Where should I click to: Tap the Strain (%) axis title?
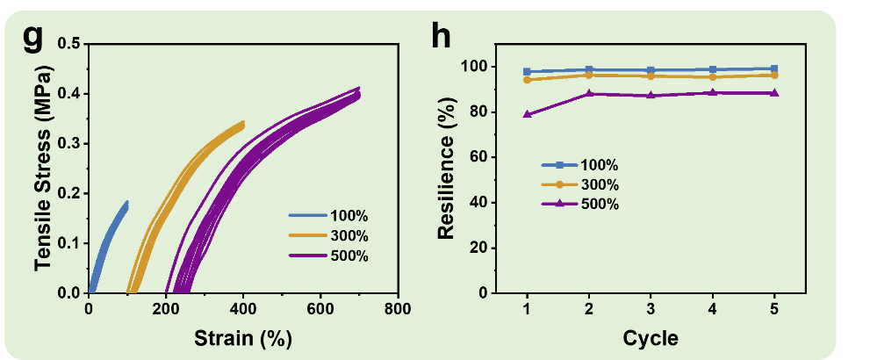pos(242,337)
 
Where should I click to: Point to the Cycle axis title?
pos(650,337)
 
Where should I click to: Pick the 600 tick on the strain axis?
pos(320,310)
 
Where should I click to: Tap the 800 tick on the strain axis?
pos(398,310)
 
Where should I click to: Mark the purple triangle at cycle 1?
pos(527,114)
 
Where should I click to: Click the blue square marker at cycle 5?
pos(774,68)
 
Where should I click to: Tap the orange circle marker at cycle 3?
pos(651,76)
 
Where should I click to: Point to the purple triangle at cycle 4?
pos(712,92)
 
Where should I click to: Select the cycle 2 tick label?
pos(588,310)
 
